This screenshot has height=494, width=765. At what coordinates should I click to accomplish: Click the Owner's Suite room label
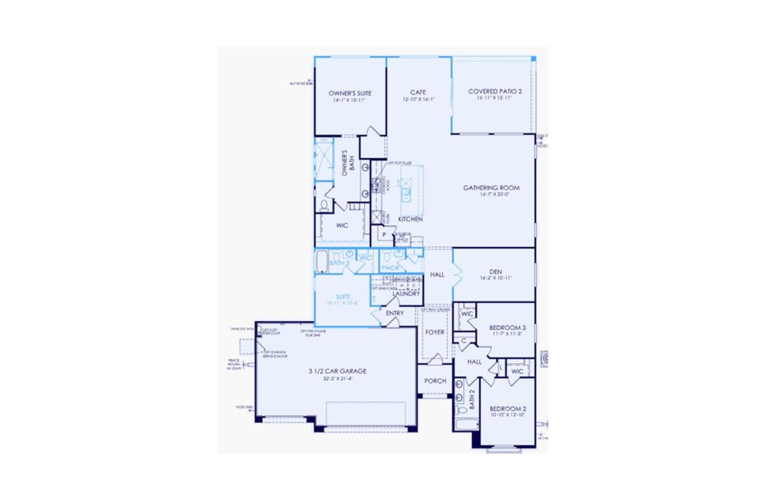(x=350, y=93)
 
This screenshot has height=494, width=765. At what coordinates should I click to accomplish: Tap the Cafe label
(x=418, y=92)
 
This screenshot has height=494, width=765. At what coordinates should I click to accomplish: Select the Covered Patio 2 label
(x=494, y=91)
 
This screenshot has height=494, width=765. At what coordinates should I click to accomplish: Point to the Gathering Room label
(x=491, y=188)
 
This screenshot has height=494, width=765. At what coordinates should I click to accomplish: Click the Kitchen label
(x=411, y=219)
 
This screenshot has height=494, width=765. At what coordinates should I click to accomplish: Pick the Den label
(x=495, y=271)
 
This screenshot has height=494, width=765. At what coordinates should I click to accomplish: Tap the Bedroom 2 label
(x=507, y=408)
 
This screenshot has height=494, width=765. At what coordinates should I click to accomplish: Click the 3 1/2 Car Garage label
(x=338, y=371)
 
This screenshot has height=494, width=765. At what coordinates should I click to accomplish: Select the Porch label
(x=435, y=380)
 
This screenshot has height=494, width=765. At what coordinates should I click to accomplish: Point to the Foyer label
(x=434, y=333)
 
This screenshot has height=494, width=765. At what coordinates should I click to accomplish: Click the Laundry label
(x=406, y=293)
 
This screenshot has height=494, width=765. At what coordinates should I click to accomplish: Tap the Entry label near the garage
(x=394, y=313)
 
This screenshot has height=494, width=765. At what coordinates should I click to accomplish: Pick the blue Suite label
(x=343, y=296)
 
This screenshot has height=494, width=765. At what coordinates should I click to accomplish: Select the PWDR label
(x=390, y=268)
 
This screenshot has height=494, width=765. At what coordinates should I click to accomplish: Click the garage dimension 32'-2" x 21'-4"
(x=338, y=379)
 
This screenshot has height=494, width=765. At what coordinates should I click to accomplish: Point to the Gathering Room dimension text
(x=491, y=195)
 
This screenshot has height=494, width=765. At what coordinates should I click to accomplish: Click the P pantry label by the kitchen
(x=384, y=235)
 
